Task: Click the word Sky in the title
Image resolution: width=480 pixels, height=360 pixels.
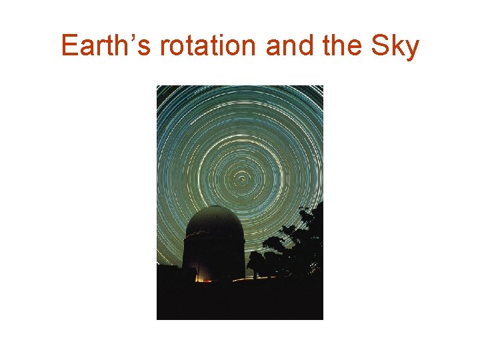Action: pos(396,46)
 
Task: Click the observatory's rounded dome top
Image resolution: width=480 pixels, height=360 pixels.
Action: pos(215,220)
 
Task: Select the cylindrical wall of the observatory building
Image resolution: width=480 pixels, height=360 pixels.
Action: pos(213,257)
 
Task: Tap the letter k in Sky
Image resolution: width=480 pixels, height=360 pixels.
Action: pos(399,46)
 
